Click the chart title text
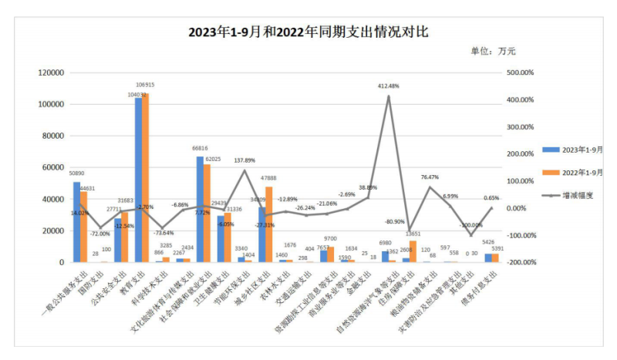click(308, 32)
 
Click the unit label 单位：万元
click(493, 51)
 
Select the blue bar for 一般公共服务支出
click(76, 222)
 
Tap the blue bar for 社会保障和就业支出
click(200, 210)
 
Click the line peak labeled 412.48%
click(389, 96)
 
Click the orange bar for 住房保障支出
click(413, 251)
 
